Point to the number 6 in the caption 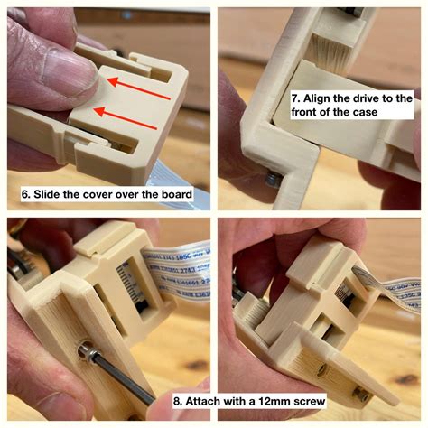coord(24,194)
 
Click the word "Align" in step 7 coord(319,97)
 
